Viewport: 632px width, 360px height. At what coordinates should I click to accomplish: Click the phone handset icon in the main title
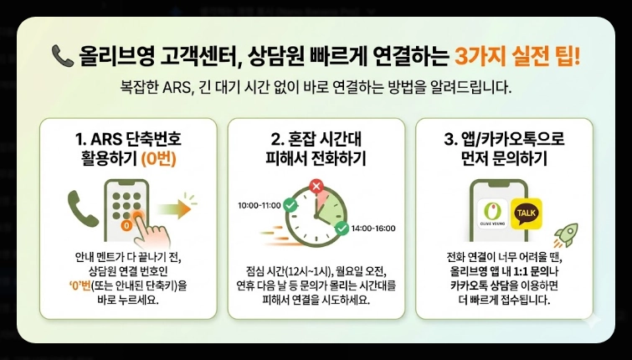(62, 56)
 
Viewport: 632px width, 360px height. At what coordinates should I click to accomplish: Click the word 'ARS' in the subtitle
(192, 87)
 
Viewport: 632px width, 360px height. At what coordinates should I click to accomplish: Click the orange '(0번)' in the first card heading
(164, 157)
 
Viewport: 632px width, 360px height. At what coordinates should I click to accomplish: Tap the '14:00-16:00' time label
(373, 228)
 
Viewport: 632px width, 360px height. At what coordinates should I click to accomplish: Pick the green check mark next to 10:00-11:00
(290, 204)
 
